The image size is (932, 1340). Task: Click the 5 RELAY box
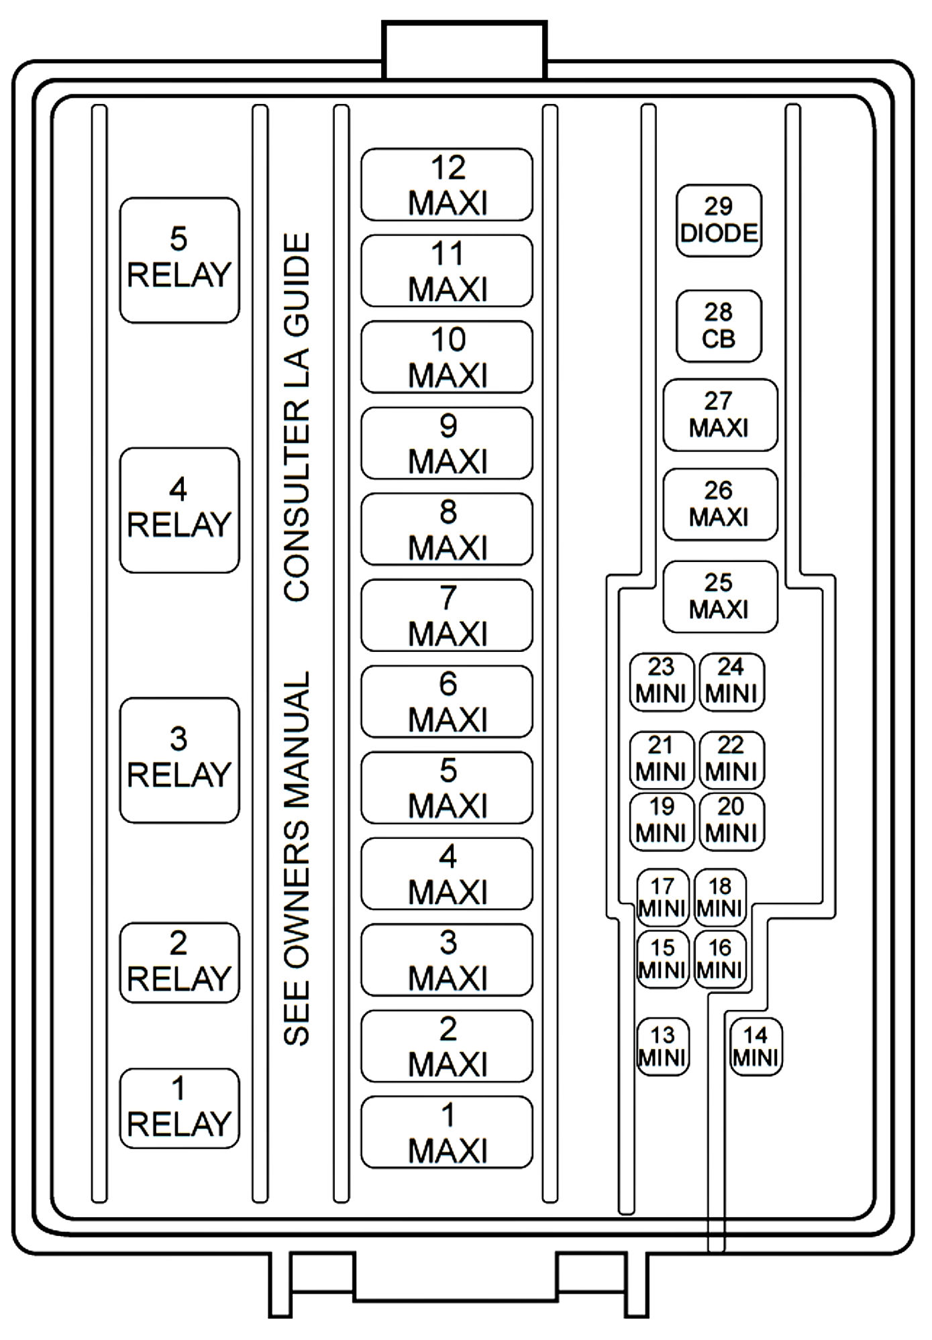click(x=179, y=260)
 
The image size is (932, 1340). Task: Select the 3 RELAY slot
click(x=179, y=761)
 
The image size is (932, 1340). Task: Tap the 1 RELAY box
click(x=179, y=1108)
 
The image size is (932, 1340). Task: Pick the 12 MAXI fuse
click(x=447, y=184)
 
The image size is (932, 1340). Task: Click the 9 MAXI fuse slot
click(x=447, y=443)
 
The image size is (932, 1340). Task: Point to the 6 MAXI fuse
click(x=447, y=702)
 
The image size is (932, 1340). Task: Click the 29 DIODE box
click(x=719, y=221)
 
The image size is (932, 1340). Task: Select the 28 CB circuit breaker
click(x=719, y=326)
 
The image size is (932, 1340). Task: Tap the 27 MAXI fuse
click(x=720, y=415)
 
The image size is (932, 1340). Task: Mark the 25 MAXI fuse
click(x=720, y=597)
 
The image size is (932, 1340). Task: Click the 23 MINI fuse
click(x=662, y=682)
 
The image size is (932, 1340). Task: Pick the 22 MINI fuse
click(x=732, y=760)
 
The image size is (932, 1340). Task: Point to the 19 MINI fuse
click(x=662, y=822)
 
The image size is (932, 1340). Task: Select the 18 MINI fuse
click(x=720, y=897)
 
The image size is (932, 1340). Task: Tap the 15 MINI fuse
click(x=663, y=958)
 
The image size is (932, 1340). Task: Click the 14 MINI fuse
click(x=756, y=1047)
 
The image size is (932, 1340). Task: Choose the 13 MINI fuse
click(x=663, y=1047)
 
